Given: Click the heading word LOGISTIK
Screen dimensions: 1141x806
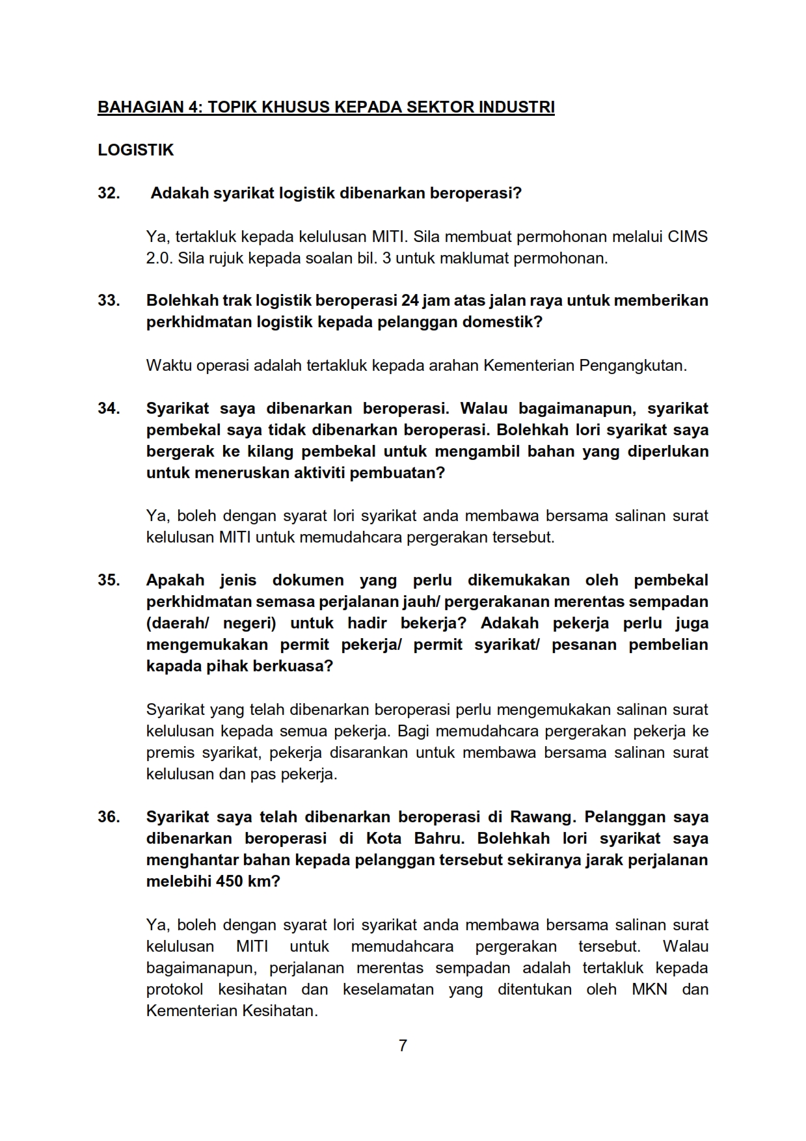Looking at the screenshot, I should [x=135, y=150].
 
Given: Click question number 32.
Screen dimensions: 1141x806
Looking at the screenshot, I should [x=109, y=193].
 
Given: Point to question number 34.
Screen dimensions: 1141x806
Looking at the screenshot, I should [x=109, y=409].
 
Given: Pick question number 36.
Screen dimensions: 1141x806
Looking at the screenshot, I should [x=109, y=817].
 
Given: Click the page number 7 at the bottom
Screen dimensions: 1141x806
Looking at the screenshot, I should [x=403, y=1045].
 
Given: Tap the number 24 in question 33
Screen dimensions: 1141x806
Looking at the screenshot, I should [x=410, y=301].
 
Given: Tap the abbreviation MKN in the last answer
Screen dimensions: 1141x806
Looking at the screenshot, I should [x=649, y=989].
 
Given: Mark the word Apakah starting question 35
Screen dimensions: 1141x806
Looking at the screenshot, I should [x=175, y=580].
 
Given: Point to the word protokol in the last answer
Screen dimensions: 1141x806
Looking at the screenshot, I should [x=174, y=989].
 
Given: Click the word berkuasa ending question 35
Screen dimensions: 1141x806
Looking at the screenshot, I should [x=298, y=667].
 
